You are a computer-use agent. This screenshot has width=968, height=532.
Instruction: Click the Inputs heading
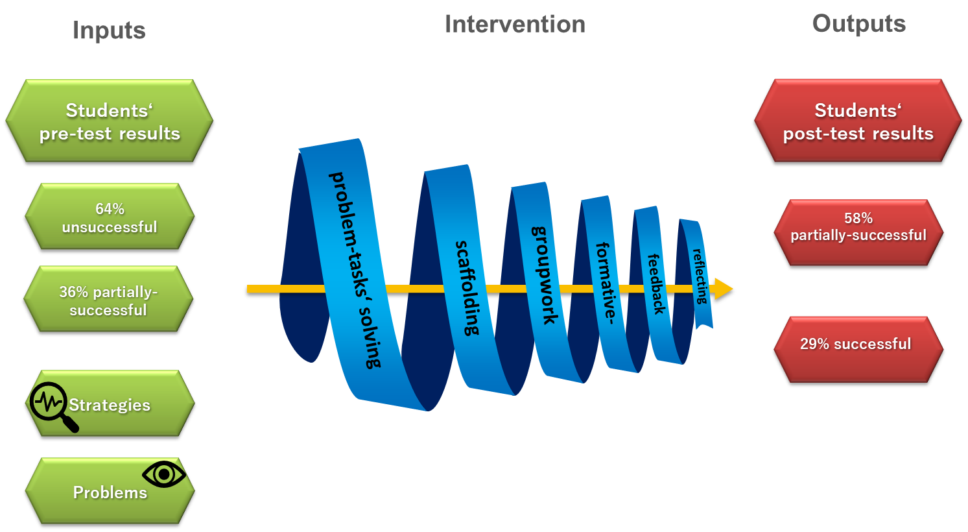109,30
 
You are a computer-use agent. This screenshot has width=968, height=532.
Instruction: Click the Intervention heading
515,25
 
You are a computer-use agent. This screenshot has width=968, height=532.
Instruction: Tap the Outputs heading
858,24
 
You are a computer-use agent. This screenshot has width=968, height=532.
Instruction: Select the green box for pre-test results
109,121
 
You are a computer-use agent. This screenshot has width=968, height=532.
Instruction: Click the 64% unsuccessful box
109,217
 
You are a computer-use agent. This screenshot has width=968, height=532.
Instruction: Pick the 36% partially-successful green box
108,300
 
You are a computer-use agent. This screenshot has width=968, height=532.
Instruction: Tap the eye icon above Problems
164,475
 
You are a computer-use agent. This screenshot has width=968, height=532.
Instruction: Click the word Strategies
110,405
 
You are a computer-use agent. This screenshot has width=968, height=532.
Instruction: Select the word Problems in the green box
110,492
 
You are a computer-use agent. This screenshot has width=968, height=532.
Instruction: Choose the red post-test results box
858,121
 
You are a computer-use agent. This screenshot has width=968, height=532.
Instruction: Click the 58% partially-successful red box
858,227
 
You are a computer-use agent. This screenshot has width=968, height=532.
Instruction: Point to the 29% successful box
856,344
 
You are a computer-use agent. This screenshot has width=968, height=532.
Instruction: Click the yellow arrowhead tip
729,289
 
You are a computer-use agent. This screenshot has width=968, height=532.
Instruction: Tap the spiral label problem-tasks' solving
355,269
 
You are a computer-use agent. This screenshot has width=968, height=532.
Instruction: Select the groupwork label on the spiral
544,274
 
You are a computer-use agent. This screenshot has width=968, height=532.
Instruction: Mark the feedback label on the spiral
656,284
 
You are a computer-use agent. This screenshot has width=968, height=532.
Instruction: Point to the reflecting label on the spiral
700,276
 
